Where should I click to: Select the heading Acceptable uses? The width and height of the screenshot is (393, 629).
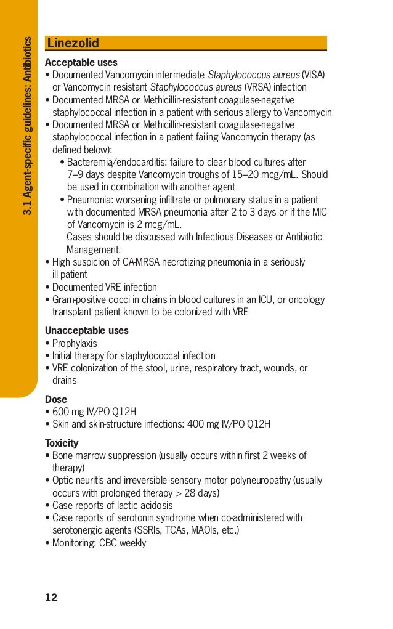[81, 62]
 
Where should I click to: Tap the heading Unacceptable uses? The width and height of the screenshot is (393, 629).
[86, 330]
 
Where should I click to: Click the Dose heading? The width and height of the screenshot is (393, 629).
[56, 399]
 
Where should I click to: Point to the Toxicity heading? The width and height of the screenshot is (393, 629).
[62, 443]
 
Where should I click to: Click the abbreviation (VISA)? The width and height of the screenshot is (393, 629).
[313, 75]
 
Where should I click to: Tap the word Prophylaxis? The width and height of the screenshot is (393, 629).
[75, 343]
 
